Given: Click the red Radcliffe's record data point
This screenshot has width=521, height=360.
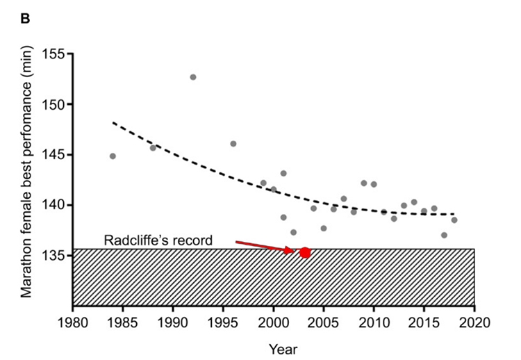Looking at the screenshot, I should coord(305,252).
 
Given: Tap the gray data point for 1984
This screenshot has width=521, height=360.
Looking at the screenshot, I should coord(113,156).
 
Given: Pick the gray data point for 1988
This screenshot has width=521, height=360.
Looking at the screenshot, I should coord(153,147).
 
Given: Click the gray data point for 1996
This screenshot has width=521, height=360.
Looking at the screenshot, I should coord(233,144).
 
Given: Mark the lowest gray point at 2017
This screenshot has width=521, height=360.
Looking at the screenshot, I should coord(444,235).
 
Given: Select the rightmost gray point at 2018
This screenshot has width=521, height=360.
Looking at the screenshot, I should coord(454,220).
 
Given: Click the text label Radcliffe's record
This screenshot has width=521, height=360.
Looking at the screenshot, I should coord(158,240).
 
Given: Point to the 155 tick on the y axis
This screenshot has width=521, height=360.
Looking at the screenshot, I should coord(53,54).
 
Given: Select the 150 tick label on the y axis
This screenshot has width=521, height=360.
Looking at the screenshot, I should coord(53,104).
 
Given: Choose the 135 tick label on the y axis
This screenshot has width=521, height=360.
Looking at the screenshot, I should coord(53,255).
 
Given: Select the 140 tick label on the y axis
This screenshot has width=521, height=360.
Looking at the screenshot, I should coord(53,205).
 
